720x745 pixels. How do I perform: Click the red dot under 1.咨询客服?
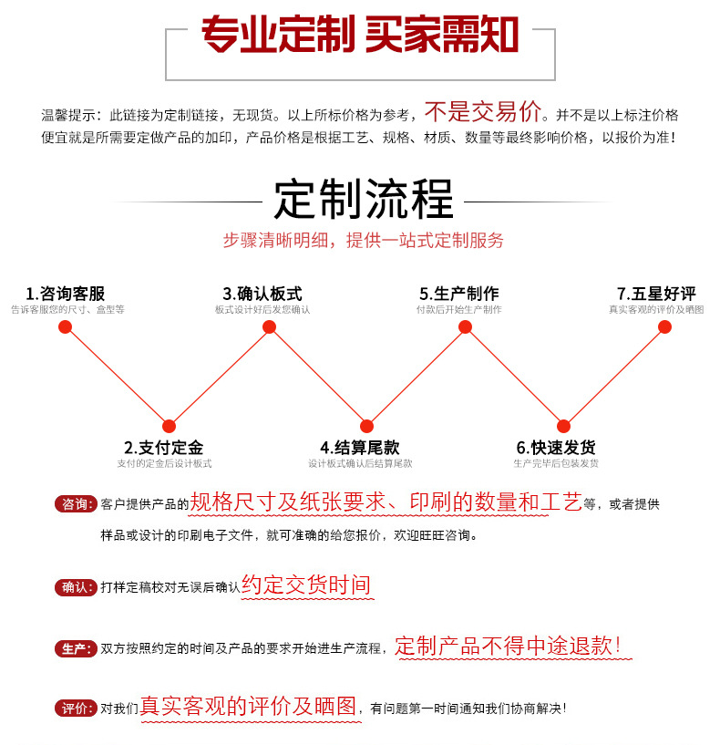65,326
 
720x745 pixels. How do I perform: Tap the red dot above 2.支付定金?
169,426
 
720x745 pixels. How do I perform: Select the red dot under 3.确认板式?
269,326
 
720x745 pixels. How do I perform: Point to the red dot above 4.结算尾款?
366,426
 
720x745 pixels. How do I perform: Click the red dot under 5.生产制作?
465,326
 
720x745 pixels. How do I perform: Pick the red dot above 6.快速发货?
563,426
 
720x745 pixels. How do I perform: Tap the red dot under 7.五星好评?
664,326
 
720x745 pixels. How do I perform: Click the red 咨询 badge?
76,504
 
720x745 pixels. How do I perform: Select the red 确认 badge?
76,587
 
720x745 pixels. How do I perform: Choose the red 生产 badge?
76,648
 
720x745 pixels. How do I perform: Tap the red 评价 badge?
76,709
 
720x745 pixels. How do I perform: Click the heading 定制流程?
364,200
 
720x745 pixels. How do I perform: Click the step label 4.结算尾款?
360,448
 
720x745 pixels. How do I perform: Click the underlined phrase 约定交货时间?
306,585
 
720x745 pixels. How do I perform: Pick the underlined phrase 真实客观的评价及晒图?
248,706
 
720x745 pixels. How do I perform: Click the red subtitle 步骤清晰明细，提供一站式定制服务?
364,241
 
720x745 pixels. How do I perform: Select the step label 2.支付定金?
164,448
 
